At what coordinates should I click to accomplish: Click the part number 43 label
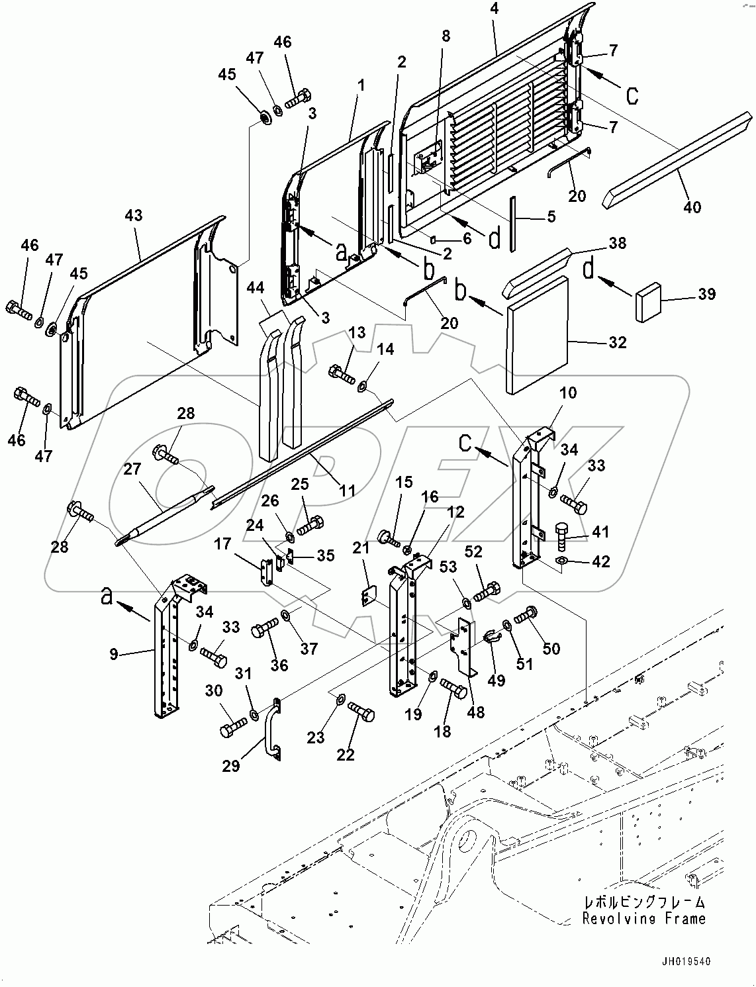coord(133,215)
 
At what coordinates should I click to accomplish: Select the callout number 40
coord(692,207)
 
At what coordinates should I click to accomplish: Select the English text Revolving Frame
coord(643,918)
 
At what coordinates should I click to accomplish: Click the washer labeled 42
coord(561,561)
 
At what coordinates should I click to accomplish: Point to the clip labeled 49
coord(492,637)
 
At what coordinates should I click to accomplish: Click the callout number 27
coord(132,469)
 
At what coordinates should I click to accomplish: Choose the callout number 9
coord(114,654)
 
